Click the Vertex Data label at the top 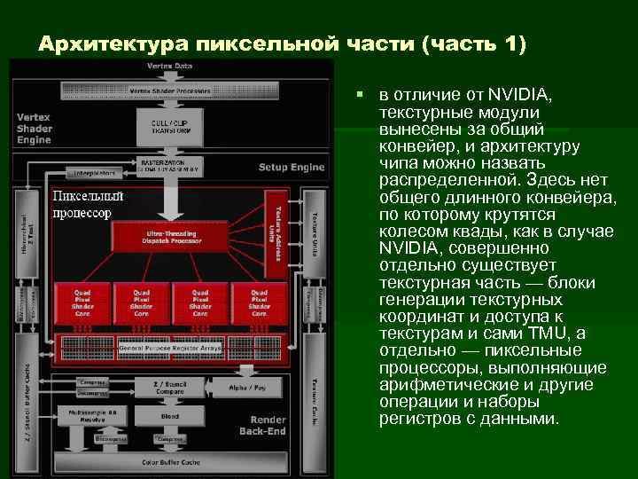pos(170,66)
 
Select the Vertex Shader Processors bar pos(170,90)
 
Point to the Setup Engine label pos(292,167)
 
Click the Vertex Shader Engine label pos(35,128)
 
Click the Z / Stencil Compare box pos(169,388)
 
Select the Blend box pos(169,415)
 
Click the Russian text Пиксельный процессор pos(87,205)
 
